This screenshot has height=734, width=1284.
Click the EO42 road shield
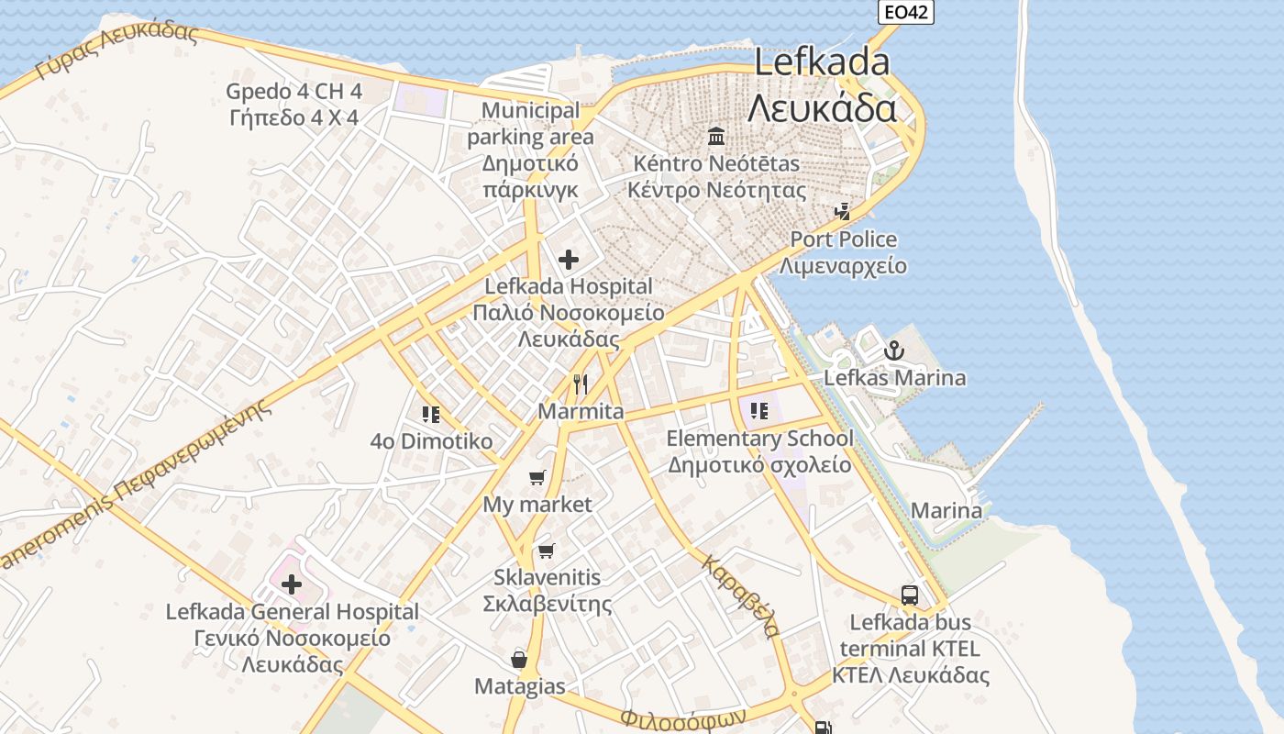click(x=905, y=12)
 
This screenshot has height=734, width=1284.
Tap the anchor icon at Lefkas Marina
click(x=893, y=350)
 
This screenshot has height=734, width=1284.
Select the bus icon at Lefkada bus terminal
click(x=910, y=595)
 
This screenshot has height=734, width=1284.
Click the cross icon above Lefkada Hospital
click(x=569, y=260)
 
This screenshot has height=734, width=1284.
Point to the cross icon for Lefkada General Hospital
click(x=292, y=584)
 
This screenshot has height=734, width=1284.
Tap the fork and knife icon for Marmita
click(x=580, y=384)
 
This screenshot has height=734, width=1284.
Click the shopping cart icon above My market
click(x=537, y=477)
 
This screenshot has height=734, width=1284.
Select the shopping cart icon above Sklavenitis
click(x=547, y=550)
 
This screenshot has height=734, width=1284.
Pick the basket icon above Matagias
click(x=519, y=659)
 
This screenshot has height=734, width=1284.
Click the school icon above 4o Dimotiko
click(x=431, y=415)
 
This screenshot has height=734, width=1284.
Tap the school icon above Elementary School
click(x=758, y=410)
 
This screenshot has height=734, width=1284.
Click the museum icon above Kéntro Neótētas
click(x=716, y=137)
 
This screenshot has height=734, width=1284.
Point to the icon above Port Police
click(x=842, y=212)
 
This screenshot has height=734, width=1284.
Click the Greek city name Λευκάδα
click(x=822, y=108)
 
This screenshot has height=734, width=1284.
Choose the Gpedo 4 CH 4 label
click(x=294, y=92)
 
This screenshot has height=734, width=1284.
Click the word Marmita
click(x=581, y=411)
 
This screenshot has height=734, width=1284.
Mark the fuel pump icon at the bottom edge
click(x=823, y=728)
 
